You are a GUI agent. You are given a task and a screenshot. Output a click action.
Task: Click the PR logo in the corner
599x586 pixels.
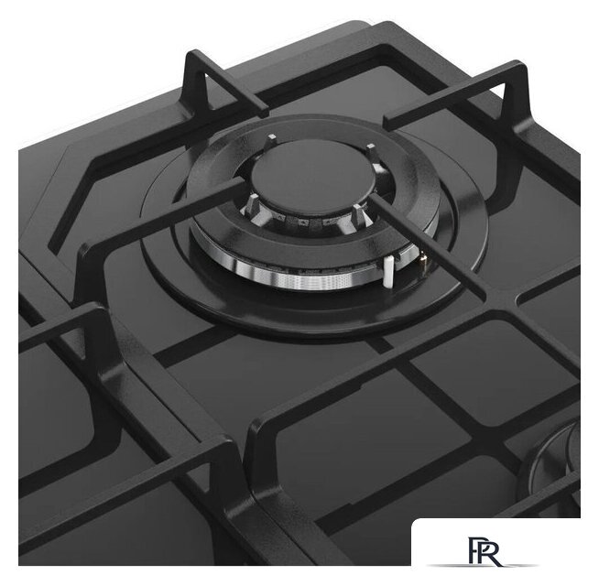point(484,551)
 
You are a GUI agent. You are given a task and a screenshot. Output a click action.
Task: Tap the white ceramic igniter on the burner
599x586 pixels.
point(388,271)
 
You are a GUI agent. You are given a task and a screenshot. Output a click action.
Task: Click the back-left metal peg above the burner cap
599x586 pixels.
point(272,138)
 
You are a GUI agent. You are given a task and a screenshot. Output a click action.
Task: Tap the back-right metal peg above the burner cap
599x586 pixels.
point(371,150)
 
